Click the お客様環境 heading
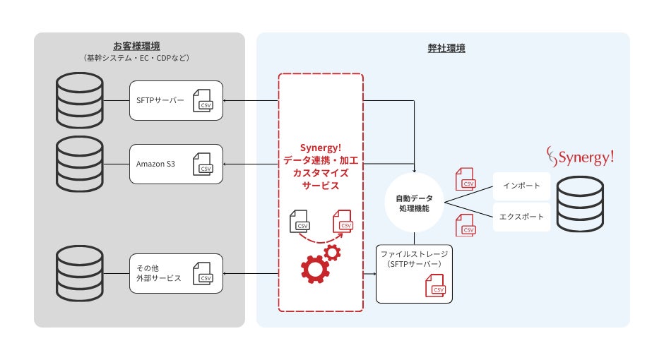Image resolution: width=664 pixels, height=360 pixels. click(136, 46)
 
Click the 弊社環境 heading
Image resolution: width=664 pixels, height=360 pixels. click(446, 48)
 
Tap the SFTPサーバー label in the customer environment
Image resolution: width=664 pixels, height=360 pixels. click(160, 101)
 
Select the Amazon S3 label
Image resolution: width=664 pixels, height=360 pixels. click(155, 164)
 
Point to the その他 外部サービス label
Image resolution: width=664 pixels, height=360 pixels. click(158, 273)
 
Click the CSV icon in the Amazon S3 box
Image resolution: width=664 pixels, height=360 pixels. click(203, 164)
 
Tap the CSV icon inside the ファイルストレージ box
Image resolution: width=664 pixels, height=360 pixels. click(435, 286)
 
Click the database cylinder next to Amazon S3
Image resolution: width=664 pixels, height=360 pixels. click(80, 164)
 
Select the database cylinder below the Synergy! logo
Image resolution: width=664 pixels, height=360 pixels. click(580, 204)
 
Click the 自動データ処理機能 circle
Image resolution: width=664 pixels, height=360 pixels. click(414, 203)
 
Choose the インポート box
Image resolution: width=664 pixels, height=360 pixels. click(521, 186)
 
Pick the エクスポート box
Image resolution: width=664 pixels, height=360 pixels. click(521, 217)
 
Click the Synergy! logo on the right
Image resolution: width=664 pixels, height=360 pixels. click(580, 157)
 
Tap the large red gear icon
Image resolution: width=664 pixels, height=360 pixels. click(315, 269)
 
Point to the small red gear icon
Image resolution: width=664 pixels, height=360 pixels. click(332, 253)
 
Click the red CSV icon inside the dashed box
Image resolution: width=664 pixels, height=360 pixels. click(343, 221)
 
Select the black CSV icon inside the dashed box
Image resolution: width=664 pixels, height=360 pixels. click(300, 221)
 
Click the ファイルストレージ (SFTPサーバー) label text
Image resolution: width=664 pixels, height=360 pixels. click(414, 259)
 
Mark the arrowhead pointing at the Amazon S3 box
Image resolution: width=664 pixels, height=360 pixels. click(225, 164)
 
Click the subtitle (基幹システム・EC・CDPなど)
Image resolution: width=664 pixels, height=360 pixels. click(136, 58)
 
